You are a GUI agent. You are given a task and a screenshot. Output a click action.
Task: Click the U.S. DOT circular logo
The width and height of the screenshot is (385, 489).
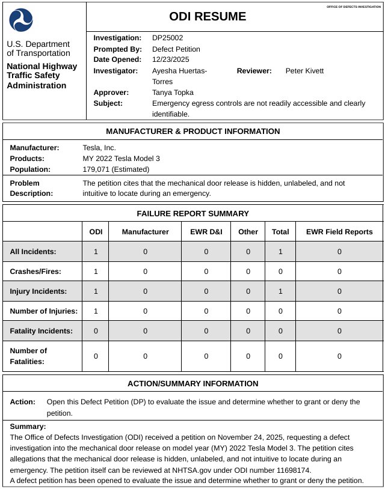tap(21, 20)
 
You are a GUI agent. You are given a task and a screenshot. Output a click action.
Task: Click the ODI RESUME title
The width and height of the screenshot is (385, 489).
tap(208, 17)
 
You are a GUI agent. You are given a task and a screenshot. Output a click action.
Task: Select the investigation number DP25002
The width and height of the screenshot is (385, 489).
tap(167, 38)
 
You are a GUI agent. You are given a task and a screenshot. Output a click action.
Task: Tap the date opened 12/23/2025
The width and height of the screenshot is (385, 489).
tap(170, 59)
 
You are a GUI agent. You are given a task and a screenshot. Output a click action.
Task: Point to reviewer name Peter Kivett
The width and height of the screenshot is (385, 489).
tap(304, 71)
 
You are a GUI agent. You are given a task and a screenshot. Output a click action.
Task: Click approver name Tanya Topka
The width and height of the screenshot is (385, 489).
tap(173, 93)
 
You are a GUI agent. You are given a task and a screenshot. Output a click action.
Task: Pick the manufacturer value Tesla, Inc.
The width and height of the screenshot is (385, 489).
tap(99, 148)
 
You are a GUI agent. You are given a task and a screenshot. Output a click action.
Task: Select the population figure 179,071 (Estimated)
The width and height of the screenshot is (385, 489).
tap(117, 169)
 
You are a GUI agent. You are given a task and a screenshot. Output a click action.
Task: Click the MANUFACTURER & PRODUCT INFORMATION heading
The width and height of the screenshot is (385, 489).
tap(192, 132)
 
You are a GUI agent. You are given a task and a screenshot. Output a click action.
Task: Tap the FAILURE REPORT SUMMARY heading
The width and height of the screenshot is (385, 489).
tap(192, 213)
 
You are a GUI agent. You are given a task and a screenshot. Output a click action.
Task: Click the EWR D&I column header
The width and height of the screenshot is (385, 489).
tap(206, 232)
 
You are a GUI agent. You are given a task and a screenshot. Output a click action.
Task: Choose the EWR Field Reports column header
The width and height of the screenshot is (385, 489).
tap(339, 232)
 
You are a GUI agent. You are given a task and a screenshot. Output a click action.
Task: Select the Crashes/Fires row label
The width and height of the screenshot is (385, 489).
tap(35, 272)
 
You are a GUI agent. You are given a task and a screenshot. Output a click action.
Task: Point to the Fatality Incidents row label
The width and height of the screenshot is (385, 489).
tap(42, 331)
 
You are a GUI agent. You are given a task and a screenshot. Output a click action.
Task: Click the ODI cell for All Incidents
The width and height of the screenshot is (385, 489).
tap(96, 252)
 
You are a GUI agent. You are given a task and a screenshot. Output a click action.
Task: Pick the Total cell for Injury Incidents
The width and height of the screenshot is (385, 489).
tap(280, 291)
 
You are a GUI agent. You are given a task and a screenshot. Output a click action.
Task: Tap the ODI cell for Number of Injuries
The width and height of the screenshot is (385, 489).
tap(96, 311)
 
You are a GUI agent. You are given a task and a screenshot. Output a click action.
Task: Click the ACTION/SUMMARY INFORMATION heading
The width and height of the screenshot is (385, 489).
tap(192, 384)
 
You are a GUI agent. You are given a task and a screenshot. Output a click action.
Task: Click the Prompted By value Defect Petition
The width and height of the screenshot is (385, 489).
tap(176, 49)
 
